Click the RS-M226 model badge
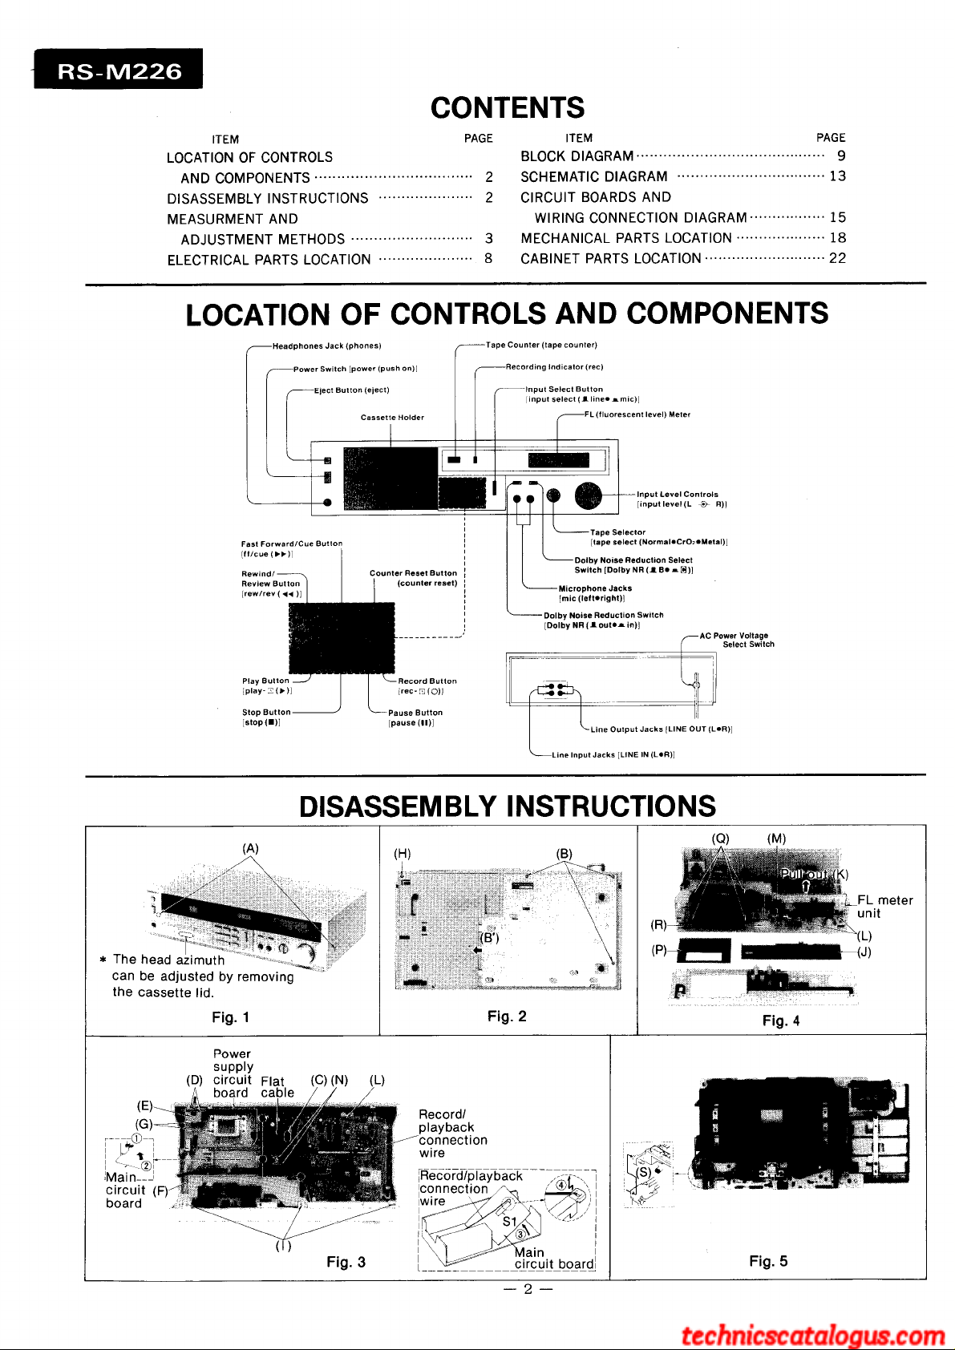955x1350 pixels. [x=119, y=71]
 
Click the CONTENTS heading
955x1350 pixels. [x=507, y=107]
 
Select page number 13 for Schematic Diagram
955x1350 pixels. [x=837, y=176]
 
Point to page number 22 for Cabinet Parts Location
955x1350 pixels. [x=837, y=258]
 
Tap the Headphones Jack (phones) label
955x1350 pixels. [x=326, y=346]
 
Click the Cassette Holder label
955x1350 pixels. [x=392, y=418]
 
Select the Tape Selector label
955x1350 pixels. [x=617, y=532]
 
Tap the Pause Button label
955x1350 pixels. [x=415, y=713]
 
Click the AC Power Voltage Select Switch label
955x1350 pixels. [x=737, y=640]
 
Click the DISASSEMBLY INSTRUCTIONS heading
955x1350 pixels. [x=507, y=806]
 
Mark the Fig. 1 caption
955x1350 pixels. [x=231, y=1017]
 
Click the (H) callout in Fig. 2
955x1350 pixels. [x=403, y=854]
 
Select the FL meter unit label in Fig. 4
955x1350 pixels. [x=884, y=907]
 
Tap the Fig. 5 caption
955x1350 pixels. [x=768, y=1261]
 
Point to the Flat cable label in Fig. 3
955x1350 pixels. [x=277, y=1087]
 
